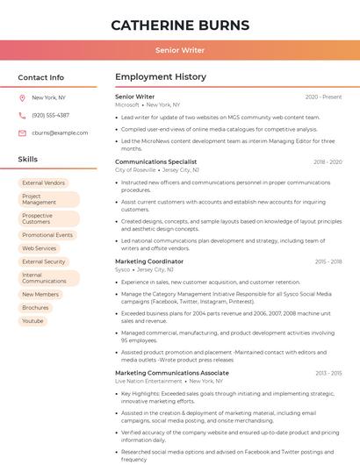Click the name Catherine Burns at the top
[180, 25]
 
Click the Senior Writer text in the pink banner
[180, 50]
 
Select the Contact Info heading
[40, 77]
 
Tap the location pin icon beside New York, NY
[22, 98]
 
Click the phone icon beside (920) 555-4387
[22, 116]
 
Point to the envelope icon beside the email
[22, 133]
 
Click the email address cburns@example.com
[60, 133]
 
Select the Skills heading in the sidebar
[28, 160]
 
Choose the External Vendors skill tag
[44, 183]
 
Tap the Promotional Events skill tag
[47, 235]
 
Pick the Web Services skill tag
[39, 248]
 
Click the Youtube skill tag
[32, 321]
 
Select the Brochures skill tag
[35, 308]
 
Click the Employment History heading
[161, 77]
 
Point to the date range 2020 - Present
[323, 97]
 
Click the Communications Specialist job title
[156, 162]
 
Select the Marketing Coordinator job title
[149, 261]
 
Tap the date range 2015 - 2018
[328, 261]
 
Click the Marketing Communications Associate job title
[172, 373]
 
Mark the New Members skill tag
[40, 295]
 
